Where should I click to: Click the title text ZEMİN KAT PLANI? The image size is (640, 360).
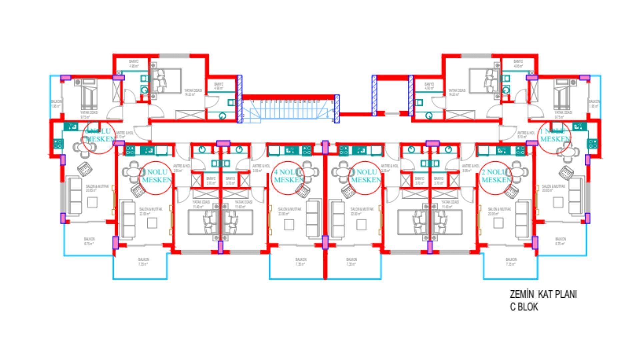coord(543,294)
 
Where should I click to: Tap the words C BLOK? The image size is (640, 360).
coord(524,307)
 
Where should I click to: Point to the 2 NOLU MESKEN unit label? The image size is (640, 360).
coord(496,176)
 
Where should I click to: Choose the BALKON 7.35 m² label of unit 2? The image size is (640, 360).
coord(511,262)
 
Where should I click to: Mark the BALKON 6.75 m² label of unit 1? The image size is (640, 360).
coord(560,241)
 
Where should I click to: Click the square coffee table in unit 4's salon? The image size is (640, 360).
coord(289,225)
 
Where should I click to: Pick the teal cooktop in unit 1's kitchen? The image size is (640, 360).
coord(592,144)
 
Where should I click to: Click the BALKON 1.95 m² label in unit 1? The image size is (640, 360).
coord(594,104)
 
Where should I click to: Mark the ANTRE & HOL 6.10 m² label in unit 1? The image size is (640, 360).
coord(526,135)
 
